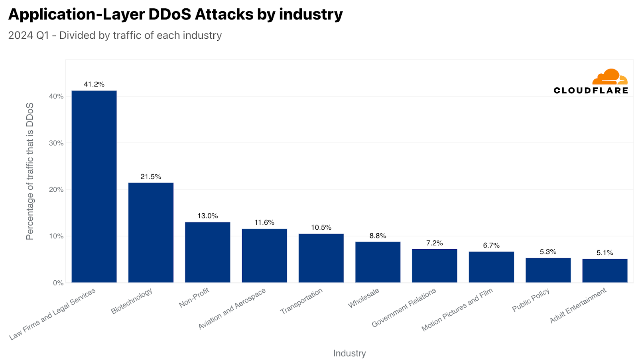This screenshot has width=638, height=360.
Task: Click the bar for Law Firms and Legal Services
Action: coord(94,187)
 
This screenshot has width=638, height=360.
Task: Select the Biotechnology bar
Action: coord(151,232)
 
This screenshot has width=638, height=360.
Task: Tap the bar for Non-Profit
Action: coord(207,252)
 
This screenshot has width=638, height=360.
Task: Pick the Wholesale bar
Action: coord(378,262)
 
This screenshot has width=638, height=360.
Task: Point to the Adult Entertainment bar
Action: coord(605,271)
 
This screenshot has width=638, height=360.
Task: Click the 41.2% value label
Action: coord(94,84)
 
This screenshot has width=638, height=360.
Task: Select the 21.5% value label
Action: coord(151,177)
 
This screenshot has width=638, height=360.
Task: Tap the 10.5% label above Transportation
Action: coord(321,227)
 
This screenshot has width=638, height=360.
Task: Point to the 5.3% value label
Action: coord(548,252)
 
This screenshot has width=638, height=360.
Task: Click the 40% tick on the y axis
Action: coord(56,96)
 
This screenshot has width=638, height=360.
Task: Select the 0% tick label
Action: coord(58,283)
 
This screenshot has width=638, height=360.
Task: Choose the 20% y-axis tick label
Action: coord(56,189)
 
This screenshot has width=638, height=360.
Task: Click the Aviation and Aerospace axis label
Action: coord(232,309)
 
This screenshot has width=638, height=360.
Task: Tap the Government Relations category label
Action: coord(404,307)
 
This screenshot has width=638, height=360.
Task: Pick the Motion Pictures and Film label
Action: coord(457,309)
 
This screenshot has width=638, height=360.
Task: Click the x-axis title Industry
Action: coord(349,353)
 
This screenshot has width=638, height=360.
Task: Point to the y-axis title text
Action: coord(30,171)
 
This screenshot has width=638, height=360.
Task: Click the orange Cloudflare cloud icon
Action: coord(610,77)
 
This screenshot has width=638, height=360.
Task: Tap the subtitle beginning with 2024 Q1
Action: coord(115,35)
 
